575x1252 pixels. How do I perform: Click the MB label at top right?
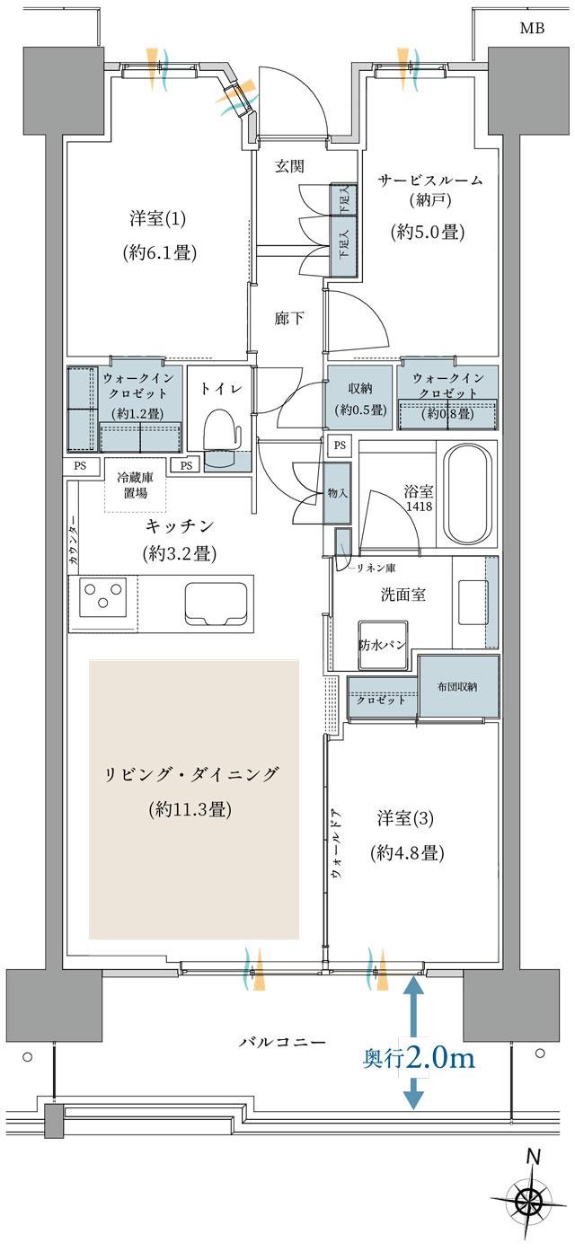point(531,28)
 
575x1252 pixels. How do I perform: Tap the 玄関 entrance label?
point(289,166)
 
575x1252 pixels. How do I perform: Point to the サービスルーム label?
point(429,180)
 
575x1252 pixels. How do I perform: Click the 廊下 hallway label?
point(287,316)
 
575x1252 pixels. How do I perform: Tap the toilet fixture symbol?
point(221,430)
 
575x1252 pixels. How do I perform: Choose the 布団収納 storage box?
point(458,687)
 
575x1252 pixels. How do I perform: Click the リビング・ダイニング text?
point(193,773)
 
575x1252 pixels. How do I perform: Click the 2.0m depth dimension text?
point(440,1058)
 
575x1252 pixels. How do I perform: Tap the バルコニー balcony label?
point(281,1042)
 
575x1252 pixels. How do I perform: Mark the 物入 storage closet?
point(337,493)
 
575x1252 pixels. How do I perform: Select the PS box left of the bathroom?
point(339,445)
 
